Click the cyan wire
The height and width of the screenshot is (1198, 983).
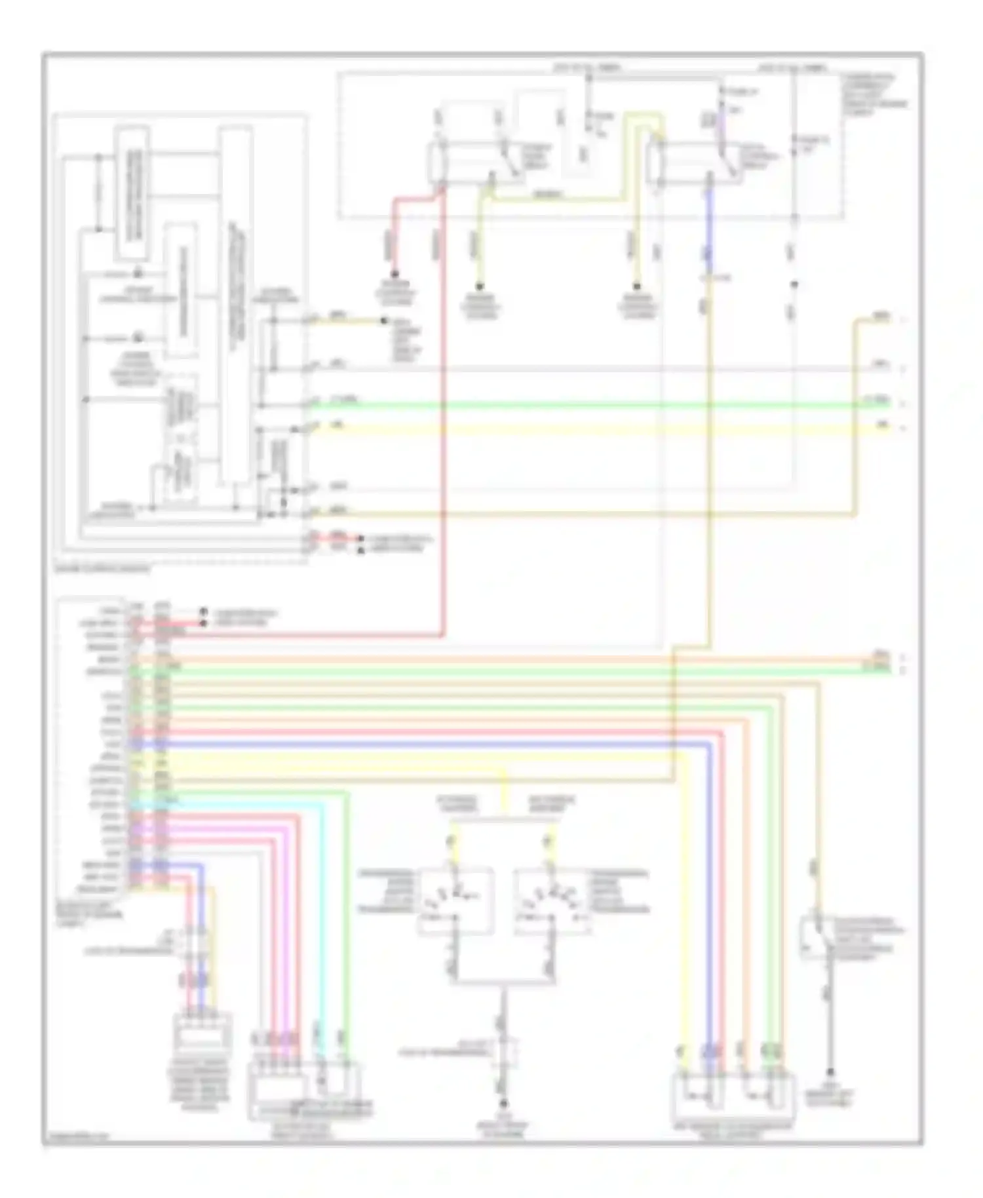[x=322, y=918]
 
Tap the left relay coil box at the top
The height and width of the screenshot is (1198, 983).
[x=436, y=163]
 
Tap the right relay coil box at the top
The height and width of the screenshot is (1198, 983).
[x=653, y=163]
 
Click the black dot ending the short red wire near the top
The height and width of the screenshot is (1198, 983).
[x=395, y=275]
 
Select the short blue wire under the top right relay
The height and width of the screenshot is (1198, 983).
[x=708, y=223]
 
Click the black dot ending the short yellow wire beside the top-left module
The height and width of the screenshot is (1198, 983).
[x=385, y=320]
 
